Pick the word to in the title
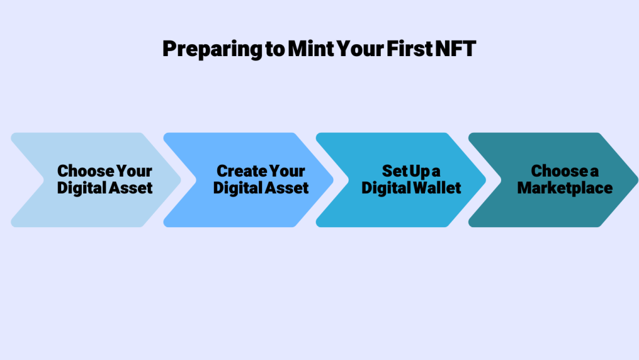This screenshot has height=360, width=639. coord(275,49)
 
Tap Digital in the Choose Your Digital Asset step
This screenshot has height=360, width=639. coord(81,188)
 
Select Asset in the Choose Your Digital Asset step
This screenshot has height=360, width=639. coord(130,188)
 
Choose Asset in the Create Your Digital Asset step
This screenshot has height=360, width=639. coord(286,188)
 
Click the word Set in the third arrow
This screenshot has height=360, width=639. coord(394,171)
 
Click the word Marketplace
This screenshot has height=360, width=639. coord(565,188)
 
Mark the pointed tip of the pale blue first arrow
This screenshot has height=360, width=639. coord(180,180)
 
